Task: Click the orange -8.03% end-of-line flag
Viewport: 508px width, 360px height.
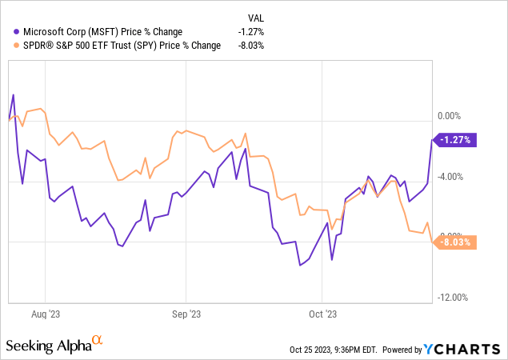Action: tap(455, 242)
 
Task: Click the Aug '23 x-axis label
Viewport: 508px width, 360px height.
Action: tap(50, 314)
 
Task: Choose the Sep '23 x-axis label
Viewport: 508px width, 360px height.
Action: tap(186, 314)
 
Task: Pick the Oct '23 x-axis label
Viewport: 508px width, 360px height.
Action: tap(321, 314)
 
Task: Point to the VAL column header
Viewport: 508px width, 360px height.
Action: tap(254, 18)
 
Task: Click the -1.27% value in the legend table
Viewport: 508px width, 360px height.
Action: tap(250, 32)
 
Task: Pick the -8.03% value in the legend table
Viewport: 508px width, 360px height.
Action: tap(250, 46)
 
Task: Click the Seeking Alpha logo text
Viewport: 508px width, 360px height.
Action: tap(48, 346)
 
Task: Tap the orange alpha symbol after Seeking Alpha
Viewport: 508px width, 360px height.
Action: tap(98, 342)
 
